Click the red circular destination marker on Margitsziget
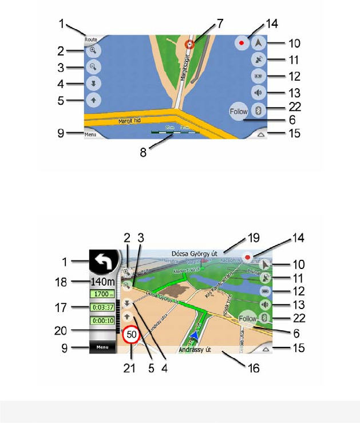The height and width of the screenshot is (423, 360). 191,44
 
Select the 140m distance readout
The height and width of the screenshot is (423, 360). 101,282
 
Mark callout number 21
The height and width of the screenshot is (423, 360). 131,368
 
